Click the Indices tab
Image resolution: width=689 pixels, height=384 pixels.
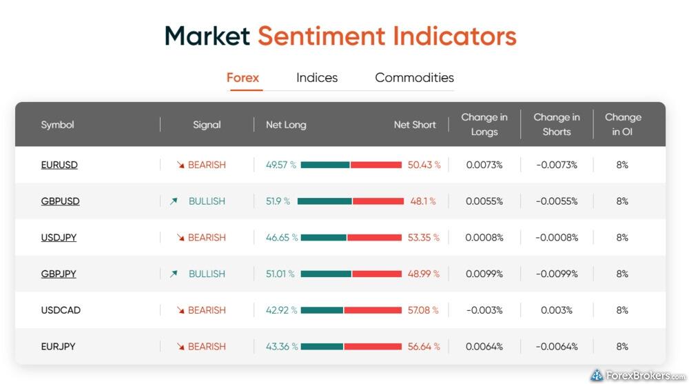(x=317, y=78)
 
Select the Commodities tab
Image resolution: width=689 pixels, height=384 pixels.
(x=414, y=78)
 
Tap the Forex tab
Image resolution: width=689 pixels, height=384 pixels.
(x=243, y=78)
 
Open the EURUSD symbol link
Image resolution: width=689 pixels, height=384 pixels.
(x=59, y=165)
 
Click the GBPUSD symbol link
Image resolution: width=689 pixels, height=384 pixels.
(x=60, y=201)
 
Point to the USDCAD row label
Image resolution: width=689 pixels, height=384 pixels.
(x=61, y=310)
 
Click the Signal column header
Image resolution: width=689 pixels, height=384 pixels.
(x=207, y=125)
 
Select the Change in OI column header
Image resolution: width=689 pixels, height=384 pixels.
(x=623, y=125)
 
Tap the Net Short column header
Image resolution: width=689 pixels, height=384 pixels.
(x=415, y=125)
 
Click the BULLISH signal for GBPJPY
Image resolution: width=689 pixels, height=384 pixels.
(x=207, y=274)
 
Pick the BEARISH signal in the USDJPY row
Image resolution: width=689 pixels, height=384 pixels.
(x=207, y=238)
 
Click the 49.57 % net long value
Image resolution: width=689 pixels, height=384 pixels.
(x=281, y=165)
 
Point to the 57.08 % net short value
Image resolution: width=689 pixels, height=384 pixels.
(x=423, y=310)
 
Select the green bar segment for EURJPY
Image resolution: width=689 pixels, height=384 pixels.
(x=322, y=347)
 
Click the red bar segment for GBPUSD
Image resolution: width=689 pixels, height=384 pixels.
(x=378, y=201)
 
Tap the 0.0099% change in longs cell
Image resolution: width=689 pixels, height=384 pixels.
(x=484, y=274)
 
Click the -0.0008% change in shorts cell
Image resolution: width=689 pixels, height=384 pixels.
(x=557, y=238)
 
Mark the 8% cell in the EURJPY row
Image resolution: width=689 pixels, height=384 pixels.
(x=622, y=347)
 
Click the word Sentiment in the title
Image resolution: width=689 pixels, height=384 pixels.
(x=322, y=36)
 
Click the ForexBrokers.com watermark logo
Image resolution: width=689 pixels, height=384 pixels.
(x=638, y=375)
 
